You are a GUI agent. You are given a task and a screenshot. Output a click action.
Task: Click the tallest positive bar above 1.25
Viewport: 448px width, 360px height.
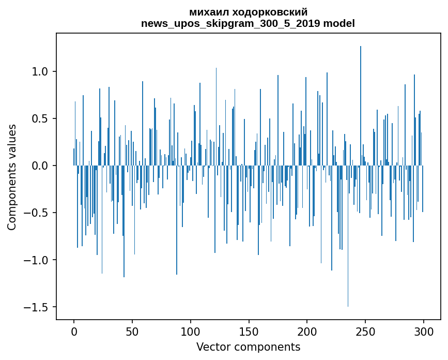tap(361, 103)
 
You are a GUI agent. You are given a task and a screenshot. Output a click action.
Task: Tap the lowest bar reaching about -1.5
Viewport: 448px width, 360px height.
tap(348, 238)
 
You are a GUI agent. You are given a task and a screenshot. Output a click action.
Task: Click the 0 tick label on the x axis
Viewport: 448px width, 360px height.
tap(74, 331)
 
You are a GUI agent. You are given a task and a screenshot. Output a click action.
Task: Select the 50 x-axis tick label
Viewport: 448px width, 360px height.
tap(132, 331)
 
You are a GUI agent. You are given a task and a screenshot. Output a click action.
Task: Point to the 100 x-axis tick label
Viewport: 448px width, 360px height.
tap(191, 331)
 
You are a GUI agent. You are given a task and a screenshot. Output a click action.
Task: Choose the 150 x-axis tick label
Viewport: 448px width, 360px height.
tap(249, 331)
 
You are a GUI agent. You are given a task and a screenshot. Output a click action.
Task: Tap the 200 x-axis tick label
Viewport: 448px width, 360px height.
tap(307, 331)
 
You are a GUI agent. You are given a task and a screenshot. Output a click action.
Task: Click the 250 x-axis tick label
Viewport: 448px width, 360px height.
tap(365, 331)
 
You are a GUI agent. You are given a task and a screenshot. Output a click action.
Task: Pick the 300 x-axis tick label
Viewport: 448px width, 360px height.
tap(424, 331)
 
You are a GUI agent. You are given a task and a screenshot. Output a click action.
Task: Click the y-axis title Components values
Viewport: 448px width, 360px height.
tap(12, 177)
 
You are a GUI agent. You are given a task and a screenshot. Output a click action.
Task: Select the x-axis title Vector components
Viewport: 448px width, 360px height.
tap(248, 347)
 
